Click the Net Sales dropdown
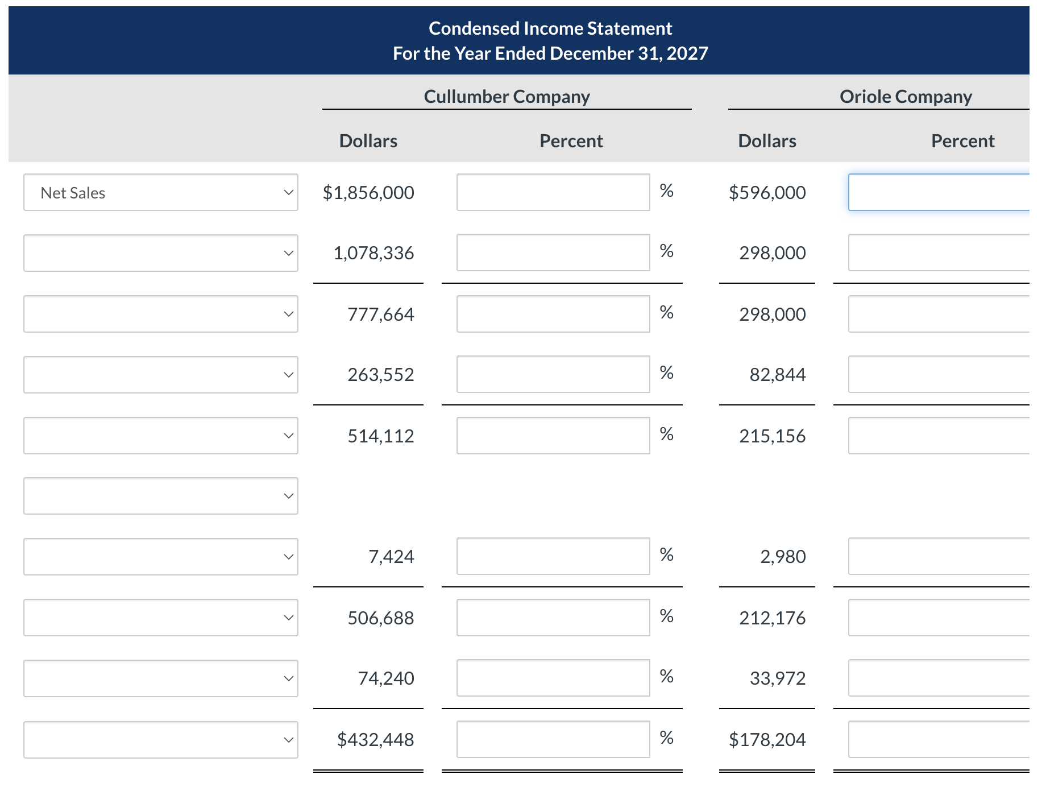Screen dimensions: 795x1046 click(160, 193)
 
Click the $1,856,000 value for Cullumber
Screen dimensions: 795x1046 click(368, 193)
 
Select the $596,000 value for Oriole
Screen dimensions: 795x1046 click(767, 193)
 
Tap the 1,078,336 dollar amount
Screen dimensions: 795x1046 click(373, 253)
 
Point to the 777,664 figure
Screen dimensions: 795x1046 click(380, 314)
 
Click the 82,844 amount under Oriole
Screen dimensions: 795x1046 click(777, 375)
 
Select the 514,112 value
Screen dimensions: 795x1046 click(380, 436)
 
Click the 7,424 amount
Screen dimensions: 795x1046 click(391, 557)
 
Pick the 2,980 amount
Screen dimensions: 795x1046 click(783, 557)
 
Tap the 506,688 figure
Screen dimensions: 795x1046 click(380, 618)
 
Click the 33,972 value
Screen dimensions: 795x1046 click(777, 678)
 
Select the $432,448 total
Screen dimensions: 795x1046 click(375, 740)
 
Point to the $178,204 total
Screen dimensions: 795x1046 click(767, 740)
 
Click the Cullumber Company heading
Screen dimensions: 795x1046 click(507, 97)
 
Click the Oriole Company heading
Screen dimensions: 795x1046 click(906, 97)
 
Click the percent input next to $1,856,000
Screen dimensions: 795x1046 click(553, 193)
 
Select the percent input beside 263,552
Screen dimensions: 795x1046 click(553, 375)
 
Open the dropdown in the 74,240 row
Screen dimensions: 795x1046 click(160, 678)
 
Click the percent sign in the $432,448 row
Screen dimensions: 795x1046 click(666, 738)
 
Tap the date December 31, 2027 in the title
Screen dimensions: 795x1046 click(629, 53)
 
